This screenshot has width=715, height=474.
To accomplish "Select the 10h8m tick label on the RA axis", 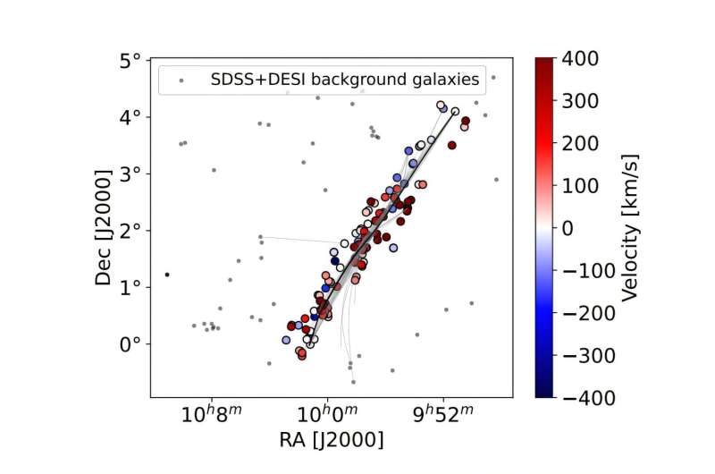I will (x=211, y=416).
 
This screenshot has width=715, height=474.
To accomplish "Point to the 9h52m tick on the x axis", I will (x=442, y=416).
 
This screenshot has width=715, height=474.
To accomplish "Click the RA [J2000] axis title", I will (x=331, y=441).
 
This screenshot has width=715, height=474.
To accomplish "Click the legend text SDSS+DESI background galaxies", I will (x=344, y=80).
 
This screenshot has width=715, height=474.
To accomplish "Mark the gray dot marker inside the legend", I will (x=181, y=80).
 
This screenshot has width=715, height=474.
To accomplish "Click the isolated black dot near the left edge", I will (x=166, y=275).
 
